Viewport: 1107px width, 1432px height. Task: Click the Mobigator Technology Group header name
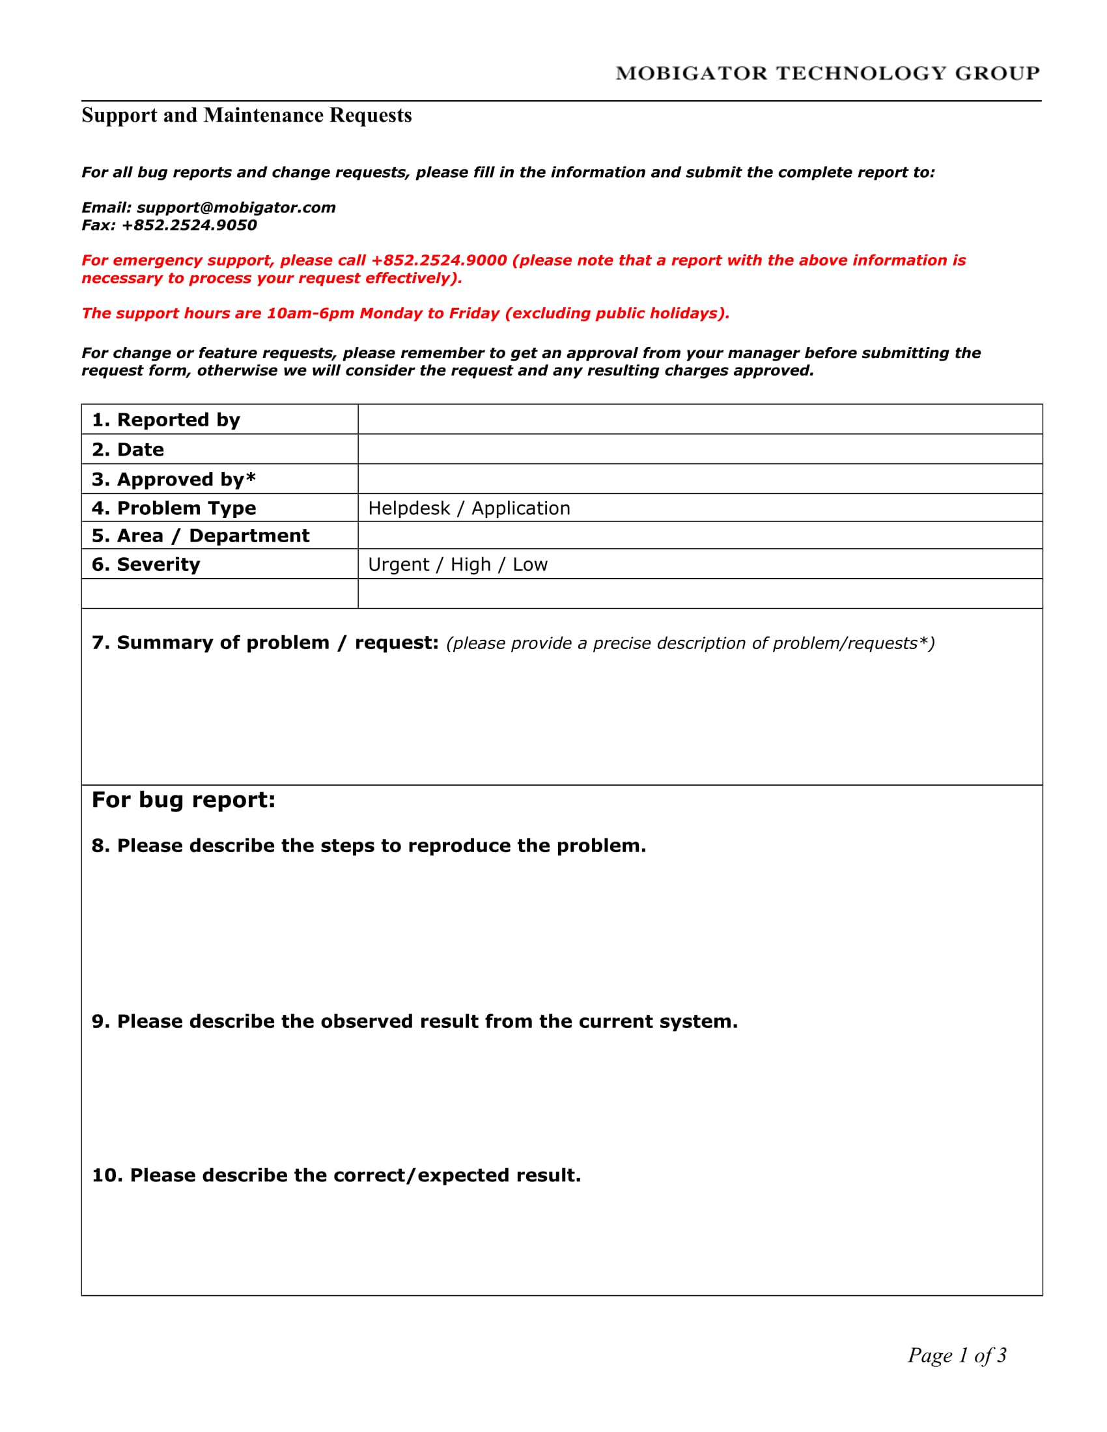click(x=827, y=73)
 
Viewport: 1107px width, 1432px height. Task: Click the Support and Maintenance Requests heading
click(x=247, y=115)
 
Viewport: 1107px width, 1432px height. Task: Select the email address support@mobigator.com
click(x=236, y=208)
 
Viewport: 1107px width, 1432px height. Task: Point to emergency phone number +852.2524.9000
click(x=439, y=260)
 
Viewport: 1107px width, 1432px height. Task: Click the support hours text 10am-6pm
click(x=310, y=314)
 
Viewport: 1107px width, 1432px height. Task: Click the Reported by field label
click(x=166, y=420)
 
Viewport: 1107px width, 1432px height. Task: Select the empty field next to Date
click(x=699, y=449)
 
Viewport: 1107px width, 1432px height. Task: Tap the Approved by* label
click(x=174, y=479)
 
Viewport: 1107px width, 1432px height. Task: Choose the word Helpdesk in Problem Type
click(x=408, y=508)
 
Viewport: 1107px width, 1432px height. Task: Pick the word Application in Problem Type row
click(x=521, y=508)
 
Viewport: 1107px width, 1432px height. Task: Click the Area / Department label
click(x=200, y=536)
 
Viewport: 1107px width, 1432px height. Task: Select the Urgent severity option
click(x=398, y=564)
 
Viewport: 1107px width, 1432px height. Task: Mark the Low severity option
click(x=530, y=564)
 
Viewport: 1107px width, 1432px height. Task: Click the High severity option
click(x=470, y=564)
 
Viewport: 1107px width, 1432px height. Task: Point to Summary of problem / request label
click(x=265, y=642)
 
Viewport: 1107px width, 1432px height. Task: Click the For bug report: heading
click(x=184, y=800)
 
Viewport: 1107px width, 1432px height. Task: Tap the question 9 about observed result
click(x=414, y=1021)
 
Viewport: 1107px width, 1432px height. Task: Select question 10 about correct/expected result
click(x=337, y=1175)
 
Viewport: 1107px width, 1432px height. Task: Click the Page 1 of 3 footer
click(x=956, y=1355)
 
